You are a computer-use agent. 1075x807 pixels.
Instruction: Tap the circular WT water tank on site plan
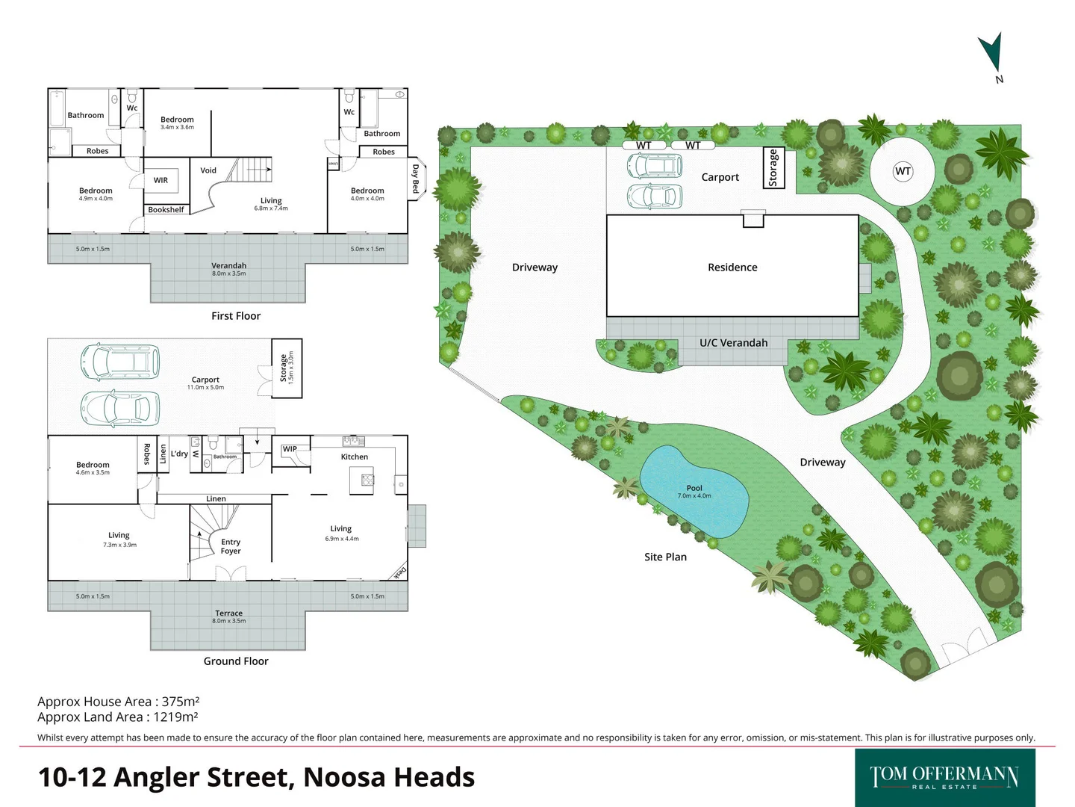click(x=902, y=171)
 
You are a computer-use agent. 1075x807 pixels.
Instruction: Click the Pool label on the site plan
click(x=694, y=488)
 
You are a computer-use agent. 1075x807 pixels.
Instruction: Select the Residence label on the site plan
click(x=732, y=268)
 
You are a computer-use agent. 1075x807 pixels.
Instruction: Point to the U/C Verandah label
click(x=733, y=343)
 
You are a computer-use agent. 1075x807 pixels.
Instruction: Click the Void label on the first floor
click(x=208, y=170)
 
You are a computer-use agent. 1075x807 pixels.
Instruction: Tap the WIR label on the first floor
click(x=161, y=180)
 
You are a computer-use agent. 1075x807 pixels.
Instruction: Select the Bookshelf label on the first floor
click(x=166, y=210)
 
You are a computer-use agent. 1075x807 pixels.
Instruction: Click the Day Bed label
click(x=416, y=179)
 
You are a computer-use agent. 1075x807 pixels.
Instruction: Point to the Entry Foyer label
click(x=231, y=546)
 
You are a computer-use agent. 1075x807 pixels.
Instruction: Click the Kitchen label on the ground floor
click(x=355, y=457)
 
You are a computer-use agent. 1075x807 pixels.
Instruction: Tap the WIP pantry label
click(x=290, y=449)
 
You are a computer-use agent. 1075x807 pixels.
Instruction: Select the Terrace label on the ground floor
click(x=228, y=613)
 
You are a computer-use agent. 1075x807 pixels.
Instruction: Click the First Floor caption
click(x=236, y=316)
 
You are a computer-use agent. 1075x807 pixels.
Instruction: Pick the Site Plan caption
click(x=665, y=557)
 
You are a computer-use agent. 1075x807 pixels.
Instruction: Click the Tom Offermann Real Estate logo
click(x=944, y=777)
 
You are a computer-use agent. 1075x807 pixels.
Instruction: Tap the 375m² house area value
click(x=181, y=702)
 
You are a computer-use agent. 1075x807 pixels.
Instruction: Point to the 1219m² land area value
click(x=175, y=717)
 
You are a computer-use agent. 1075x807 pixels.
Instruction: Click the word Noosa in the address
click(x=343, y=777)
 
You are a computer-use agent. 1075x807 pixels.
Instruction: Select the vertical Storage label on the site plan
click(x=773, y=168)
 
